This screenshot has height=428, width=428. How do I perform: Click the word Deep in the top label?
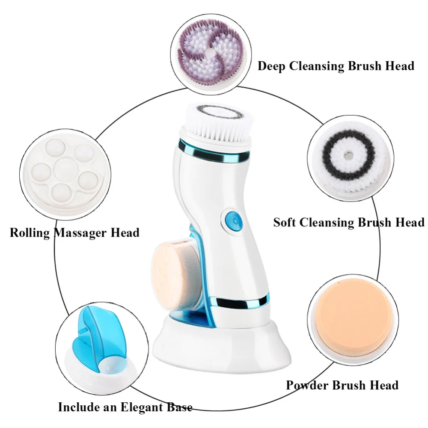point(271,66)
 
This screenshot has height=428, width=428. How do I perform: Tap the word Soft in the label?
point(285,223)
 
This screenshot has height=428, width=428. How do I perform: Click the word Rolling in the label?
point(30,233)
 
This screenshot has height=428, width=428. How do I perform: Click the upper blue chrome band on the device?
point(214,153)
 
